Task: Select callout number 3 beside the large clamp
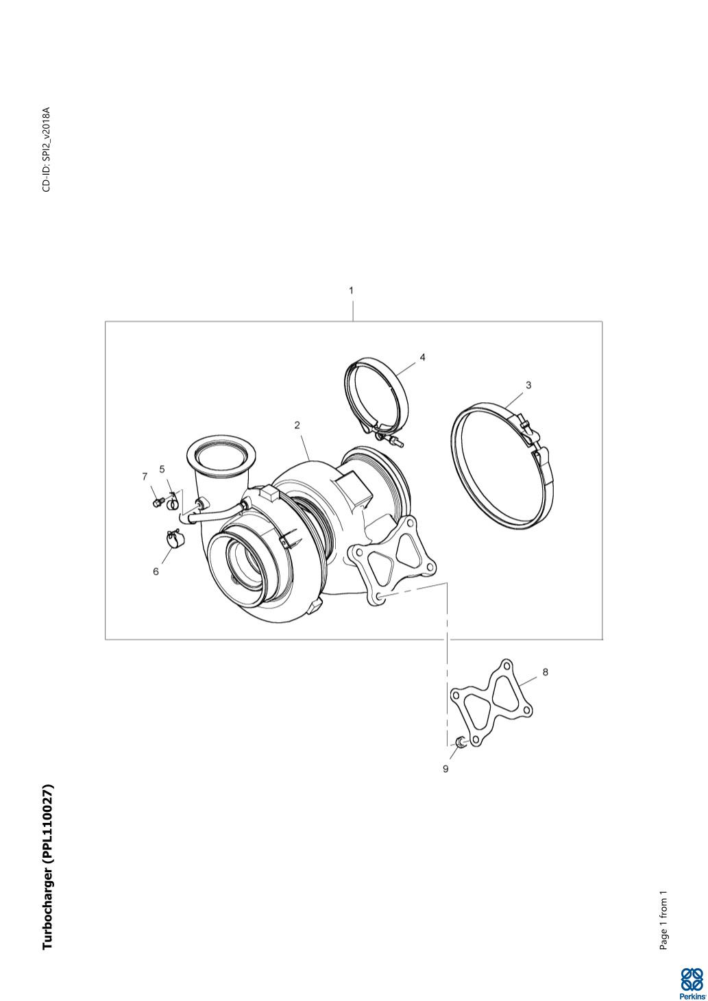tap(528, 385)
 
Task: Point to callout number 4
tap(422, 357)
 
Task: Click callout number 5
tap(162, 469)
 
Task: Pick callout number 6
tap(156, 571)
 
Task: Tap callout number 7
tap(145, 477)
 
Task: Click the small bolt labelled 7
tap(156, 503)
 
